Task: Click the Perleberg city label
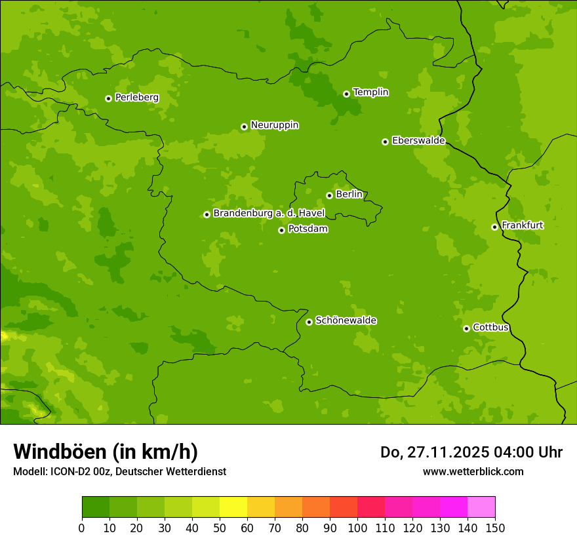(x=136, y=98)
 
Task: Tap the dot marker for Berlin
(x=329, y=195)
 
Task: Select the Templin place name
(x=370, y=92)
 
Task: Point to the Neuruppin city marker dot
(x=244, y=126)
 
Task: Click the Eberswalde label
(x=418, y=141)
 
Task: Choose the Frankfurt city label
(x=522, y=225)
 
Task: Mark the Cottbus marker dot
(x=466, y=328)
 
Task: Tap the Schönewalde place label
(x=346, y=321)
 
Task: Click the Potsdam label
(x=308, y=229)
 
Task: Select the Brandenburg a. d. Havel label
(x=269, y=214)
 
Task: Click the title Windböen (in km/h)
(x=106, y=452)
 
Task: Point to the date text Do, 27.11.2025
(x=433, y=452)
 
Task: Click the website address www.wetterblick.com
(x=473, y=471)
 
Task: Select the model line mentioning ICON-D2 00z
(x=119, y=471)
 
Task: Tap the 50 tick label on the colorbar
(x=220, y=528)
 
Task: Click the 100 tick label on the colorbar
(x=357, y=528)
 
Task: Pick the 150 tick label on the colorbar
(x=495, y=528)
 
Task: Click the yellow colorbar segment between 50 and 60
(x=233, y=507)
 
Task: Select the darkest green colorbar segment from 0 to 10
(x=96, y=507)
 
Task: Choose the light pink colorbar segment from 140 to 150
(x=481, y=507)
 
